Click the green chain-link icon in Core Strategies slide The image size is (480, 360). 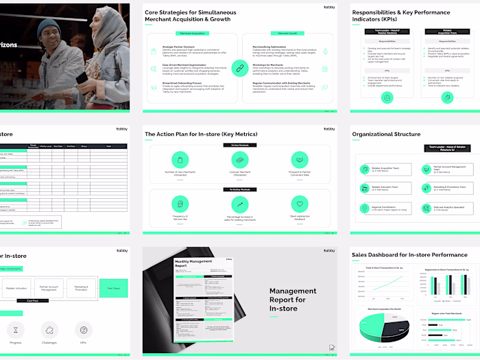238,67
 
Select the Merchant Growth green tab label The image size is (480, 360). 283,33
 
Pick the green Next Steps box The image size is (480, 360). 114,289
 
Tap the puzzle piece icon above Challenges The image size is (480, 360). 49,330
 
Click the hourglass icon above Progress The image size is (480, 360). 14,330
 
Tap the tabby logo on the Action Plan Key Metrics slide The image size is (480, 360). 328,128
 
